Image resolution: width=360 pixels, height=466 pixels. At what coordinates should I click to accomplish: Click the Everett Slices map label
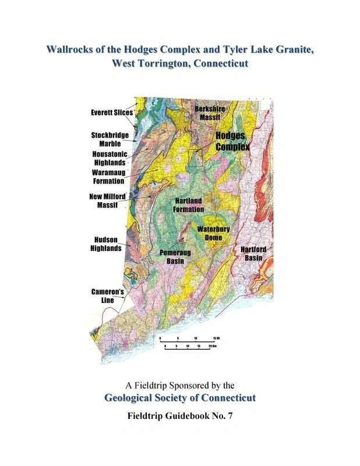tap(112, 112)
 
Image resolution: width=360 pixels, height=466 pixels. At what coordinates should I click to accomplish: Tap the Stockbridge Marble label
tap(110, 139)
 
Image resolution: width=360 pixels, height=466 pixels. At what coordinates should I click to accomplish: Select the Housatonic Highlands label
tap(109, 158)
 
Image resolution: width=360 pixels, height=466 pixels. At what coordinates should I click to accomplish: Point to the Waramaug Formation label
tap(108, 176)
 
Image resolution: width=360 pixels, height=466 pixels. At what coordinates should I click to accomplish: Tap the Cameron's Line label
tap(106, 295)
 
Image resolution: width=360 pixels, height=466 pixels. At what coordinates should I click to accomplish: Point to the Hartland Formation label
tap(189, 204)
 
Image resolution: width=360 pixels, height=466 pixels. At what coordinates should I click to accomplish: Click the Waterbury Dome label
tap(213, 233)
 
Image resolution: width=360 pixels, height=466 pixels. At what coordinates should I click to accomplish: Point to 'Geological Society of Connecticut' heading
tap(180, 398)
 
